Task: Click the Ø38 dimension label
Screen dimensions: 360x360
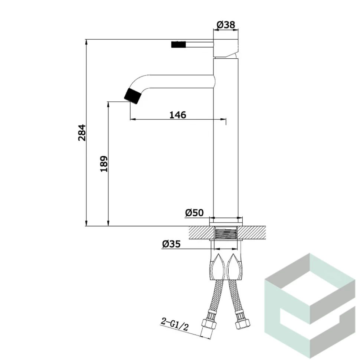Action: click(226, 24)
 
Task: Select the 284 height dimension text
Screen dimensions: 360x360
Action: click(82, 132)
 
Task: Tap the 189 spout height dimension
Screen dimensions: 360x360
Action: click(104, 164)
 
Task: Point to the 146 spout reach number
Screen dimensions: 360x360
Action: click(178, 115)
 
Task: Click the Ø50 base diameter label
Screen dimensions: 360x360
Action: click(194, 213)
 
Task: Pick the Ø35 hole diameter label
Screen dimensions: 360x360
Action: click(171, 244)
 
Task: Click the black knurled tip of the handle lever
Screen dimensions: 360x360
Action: click(178, 44)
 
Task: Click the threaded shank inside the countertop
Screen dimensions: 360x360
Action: click(226, 233)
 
